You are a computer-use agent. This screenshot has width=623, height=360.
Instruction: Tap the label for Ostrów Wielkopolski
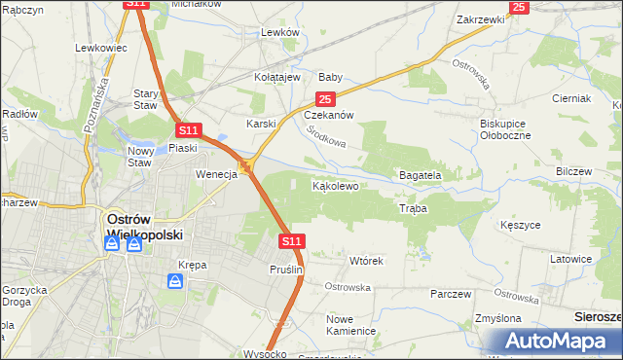[132, 227]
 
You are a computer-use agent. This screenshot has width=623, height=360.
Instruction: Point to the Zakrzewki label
[480, 18]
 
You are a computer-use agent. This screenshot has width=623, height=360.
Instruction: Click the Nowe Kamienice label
[351, 325]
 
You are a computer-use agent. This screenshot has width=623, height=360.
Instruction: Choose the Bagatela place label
[421, 175]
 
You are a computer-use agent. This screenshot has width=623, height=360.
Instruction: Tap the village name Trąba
[414, 209]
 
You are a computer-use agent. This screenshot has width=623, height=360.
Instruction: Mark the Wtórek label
[367, 261]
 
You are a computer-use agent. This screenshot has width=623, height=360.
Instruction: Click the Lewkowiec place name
[101, 47]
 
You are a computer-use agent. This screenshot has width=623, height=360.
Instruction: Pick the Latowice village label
[571, 259]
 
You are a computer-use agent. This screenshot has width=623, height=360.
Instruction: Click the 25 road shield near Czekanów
[325, 99]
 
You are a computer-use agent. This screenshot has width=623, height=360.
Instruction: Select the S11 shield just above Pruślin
[291, 239]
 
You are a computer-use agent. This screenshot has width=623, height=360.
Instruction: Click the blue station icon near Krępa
[175, 281]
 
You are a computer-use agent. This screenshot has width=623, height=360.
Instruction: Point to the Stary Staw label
[145, 99]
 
